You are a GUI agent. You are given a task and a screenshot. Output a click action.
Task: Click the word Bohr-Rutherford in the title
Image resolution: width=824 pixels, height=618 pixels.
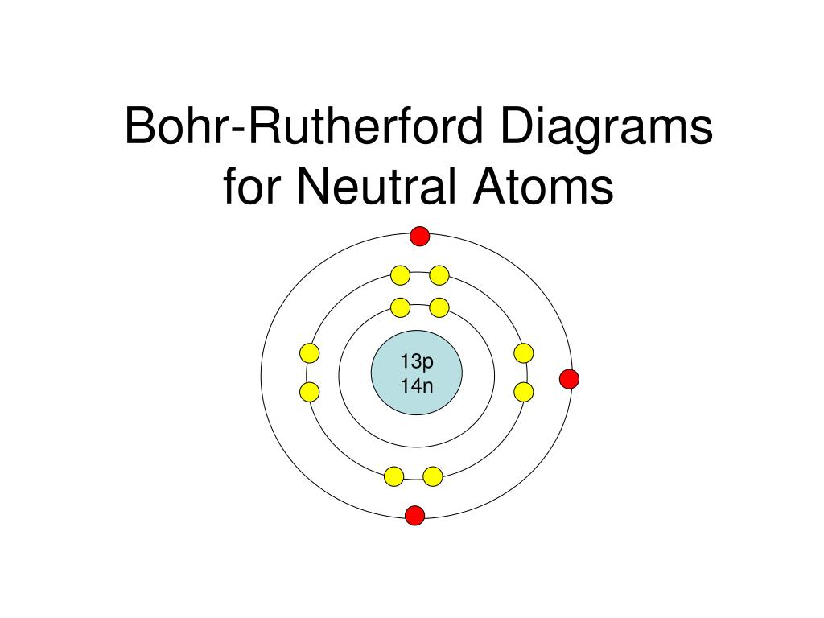(303, 126)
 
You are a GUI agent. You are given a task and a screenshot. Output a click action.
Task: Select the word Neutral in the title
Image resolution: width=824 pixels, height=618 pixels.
(376, 186)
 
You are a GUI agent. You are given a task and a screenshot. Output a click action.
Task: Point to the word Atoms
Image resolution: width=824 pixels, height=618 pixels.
(543, 186)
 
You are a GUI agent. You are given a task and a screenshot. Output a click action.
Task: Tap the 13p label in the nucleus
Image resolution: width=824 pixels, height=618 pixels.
(417, 361)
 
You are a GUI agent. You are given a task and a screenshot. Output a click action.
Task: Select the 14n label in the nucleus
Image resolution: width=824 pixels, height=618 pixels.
(417, 385)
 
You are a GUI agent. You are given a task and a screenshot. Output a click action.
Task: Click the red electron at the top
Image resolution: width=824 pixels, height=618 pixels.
(419, 236)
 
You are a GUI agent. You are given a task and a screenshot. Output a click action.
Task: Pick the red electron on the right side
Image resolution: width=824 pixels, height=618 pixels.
(569, 379)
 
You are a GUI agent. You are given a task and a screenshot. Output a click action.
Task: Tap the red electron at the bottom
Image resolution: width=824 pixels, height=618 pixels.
(414, 515)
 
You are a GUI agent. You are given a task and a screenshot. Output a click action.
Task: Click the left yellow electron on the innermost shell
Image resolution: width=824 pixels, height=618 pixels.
(401, 307)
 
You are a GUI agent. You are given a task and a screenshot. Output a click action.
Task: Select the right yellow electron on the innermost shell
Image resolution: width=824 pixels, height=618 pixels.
(439, 307)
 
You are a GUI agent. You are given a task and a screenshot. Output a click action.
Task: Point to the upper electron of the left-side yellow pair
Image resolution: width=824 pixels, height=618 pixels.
(310, 353)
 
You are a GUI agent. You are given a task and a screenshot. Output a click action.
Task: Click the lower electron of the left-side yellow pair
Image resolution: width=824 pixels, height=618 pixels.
(310, 392)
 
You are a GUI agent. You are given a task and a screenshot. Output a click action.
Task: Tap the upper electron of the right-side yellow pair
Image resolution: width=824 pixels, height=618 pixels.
(523, 353)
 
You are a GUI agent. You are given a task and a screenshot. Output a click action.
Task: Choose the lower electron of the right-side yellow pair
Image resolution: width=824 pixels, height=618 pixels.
(523, 392)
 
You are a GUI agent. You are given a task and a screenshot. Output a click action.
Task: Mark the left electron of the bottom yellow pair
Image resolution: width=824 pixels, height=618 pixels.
(394, 476)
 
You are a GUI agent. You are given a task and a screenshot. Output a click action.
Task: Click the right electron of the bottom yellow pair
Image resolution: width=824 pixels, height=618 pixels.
(432, 476)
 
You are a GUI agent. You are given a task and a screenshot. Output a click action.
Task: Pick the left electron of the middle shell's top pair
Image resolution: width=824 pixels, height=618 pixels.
(401, 275)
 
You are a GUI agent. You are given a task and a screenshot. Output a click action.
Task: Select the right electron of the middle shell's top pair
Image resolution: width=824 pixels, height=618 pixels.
(439, 275)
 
